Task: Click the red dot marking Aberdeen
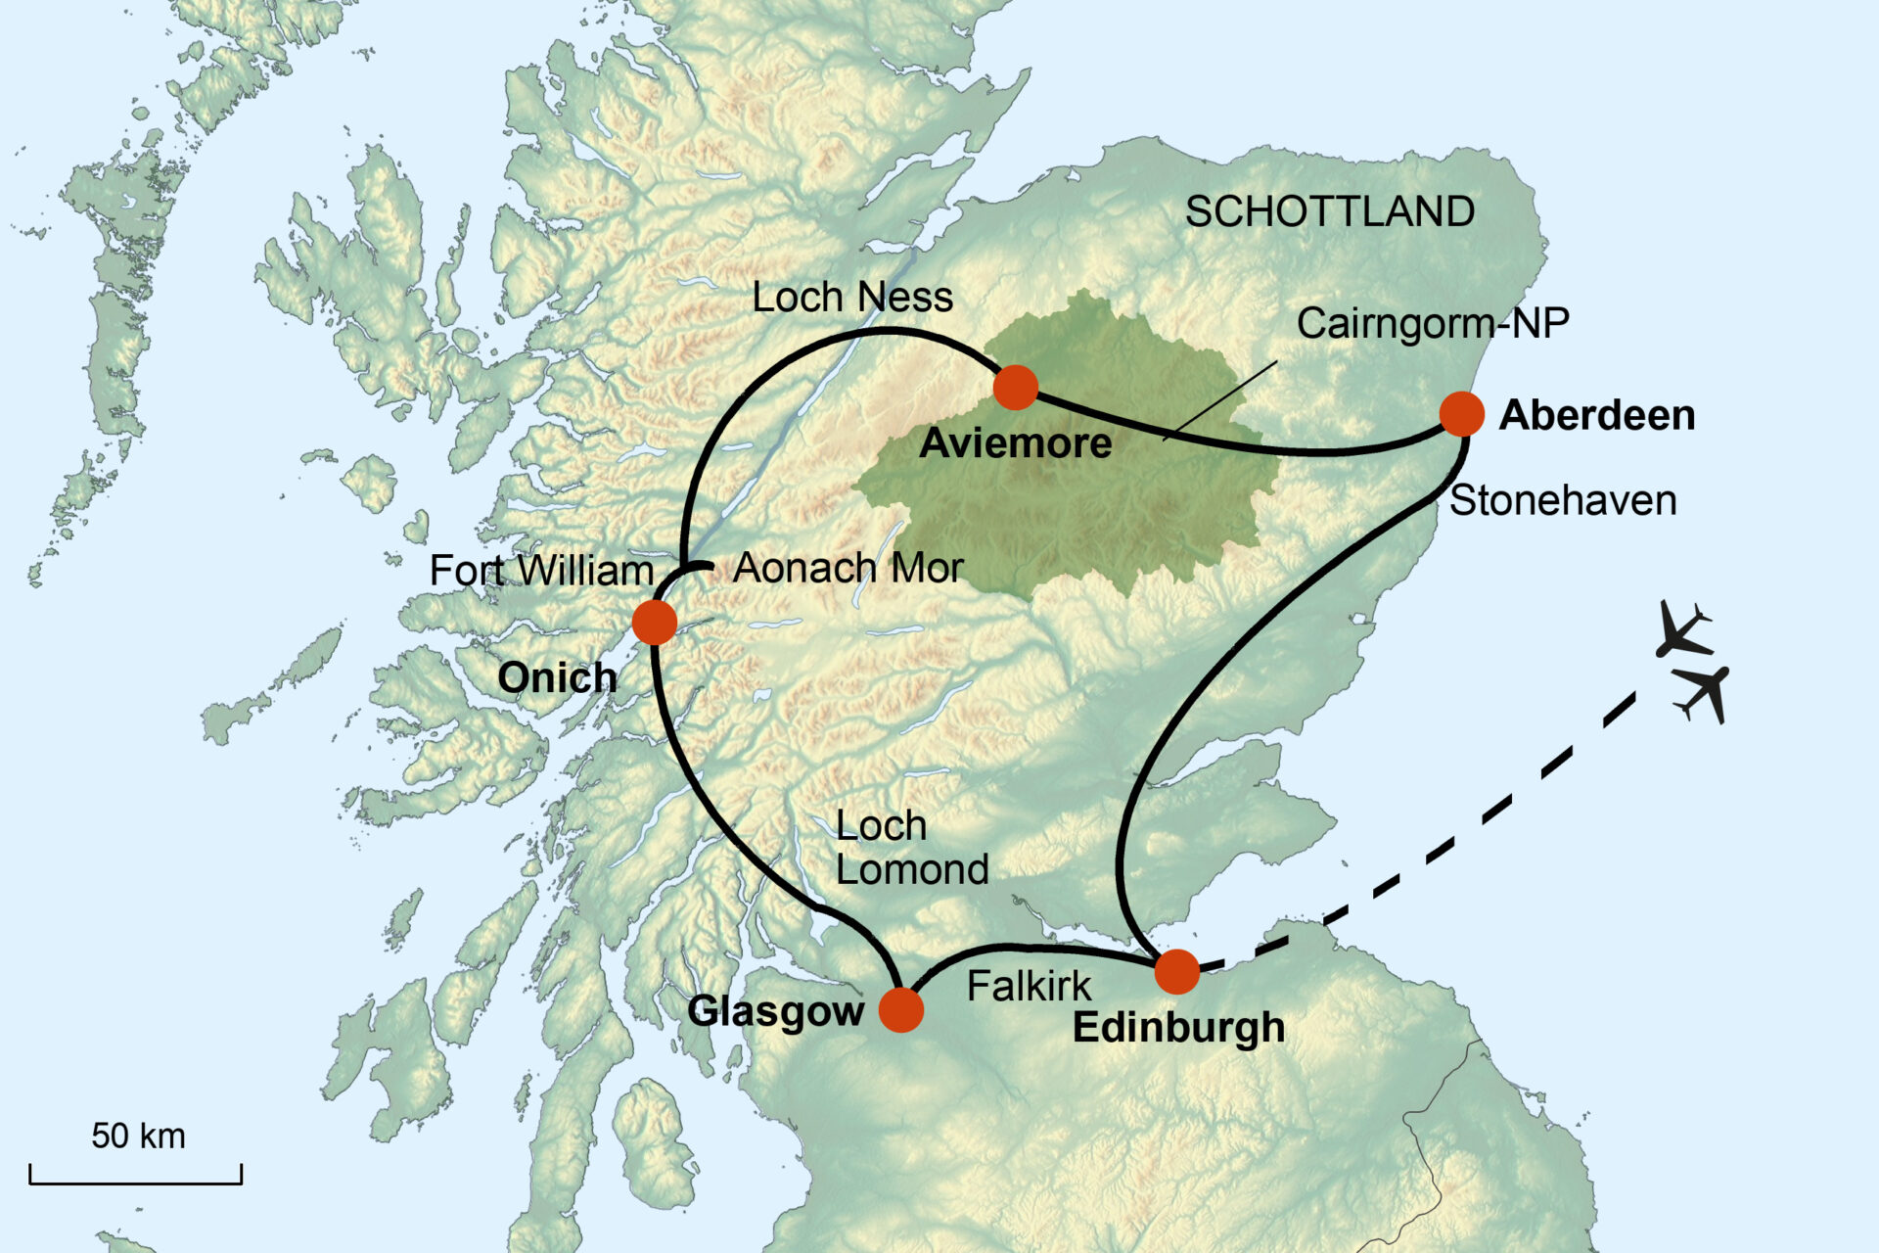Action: click(1461, 414)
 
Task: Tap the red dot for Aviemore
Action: click(1015, 388)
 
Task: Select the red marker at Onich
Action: click(654, 623)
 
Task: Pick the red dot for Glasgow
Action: click(900, 1010)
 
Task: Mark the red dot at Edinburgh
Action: click(1176, 972)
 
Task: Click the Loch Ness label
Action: click(851, 298)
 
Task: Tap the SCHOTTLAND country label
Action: click(1329, 212)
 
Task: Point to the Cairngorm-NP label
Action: click(1432, 324)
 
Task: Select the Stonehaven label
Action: click(1562, 501)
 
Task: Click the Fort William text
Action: click(541, 571)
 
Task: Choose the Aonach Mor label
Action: click(848, 568)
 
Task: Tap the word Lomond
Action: click(911, 870)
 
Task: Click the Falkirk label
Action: click(1028, 987)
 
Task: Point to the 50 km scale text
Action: click(138, 1136)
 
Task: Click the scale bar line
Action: click(135, 1183)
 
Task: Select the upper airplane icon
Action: click(1682, 629)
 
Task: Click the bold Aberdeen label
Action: click(1596, 416)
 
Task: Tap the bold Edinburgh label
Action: click(1178, 1028)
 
